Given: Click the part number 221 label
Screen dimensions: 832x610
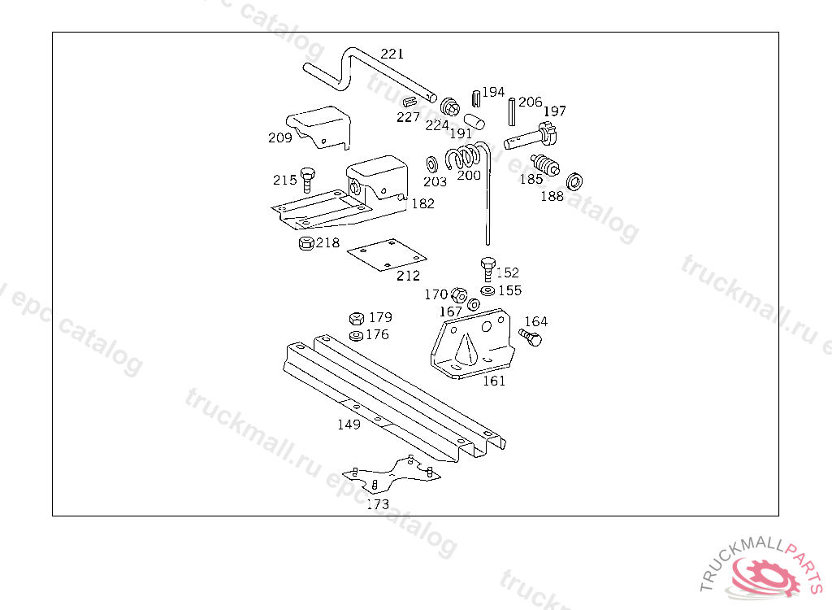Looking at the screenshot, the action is click(x=392, y=54).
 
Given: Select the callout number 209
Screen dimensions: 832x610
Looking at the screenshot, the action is click(x=279, y=137).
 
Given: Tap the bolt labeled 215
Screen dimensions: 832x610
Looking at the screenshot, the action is click(x=307, y=178).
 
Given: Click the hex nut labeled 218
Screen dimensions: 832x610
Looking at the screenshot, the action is click(x=305, y=243).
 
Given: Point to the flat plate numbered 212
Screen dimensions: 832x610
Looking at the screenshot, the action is click(x=387, y=255).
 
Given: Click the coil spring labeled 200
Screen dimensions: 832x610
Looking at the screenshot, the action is click(x=468, y=155).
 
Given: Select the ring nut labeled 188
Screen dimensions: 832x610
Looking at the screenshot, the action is click(x=574, y=181).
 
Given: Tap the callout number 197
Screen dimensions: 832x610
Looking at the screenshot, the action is click(x=555, y=111).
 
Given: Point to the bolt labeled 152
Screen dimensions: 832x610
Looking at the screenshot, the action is click(x=487, y=268).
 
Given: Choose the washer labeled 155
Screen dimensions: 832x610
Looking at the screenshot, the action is click(x=487, y=290).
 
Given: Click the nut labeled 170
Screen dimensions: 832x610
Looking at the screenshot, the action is click(x=457, y=294).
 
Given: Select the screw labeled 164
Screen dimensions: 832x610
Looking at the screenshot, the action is click(x=530, y=337).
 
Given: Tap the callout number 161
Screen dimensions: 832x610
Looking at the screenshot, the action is click(x=494, y=380).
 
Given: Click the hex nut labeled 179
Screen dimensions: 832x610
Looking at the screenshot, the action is click(x=356, y=318).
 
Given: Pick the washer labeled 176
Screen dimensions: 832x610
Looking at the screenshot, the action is click(x=356, y=335).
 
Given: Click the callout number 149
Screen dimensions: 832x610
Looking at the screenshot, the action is click(x=349, y=424).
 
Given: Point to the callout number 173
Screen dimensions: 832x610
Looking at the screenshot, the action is click(x=378, y=504).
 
